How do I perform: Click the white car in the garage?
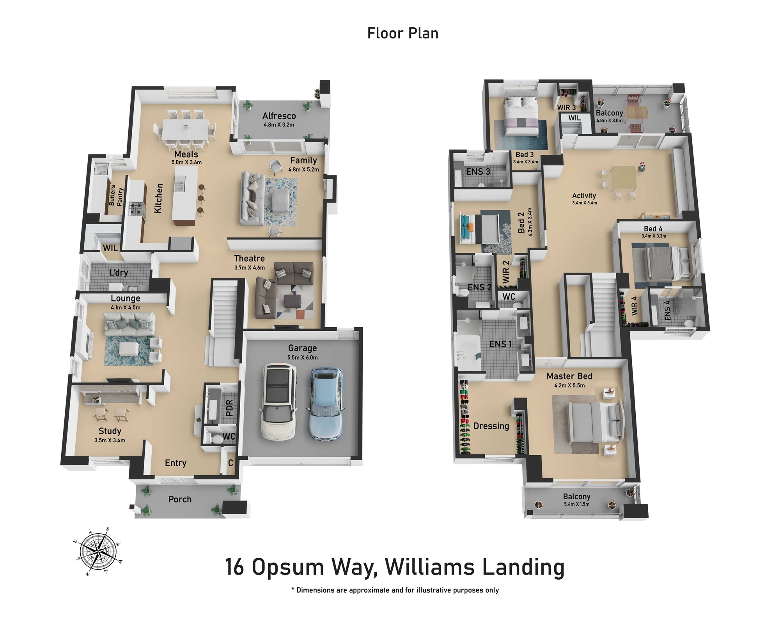tap(278, 402)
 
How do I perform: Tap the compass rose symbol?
tap(99, 551)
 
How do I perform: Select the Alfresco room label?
tap(279, 116)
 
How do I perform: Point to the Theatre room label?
tap(249, 258)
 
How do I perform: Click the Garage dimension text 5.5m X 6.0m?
tap(302, 357)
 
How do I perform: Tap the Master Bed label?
tap(569, 376)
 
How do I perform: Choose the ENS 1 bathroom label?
tap(500, 344)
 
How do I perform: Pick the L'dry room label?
tap(118, 272)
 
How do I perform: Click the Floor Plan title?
tap(403, 33)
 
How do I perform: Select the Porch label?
tap(180, 499)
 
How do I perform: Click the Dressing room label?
tap(491, 426)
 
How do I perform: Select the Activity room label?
tap(584, 196)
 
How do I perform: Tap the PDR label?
tap(229, 408)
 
